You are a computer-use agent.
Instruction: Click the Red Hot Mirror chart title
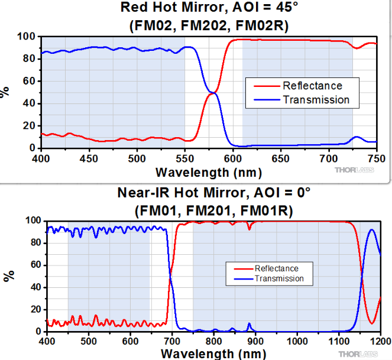209,8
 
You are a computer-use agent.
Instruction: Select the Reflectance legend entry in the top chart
312,86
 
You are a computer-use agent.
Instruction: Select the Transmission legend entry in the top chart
316,99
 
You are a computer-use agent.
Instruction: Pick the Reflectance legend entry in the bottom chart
276,268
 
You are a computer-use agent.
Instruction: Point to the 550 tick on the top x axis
185,159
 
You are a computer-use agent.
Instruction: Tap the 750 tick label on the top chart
377,159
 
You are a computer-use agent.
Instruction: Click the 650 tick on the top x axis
281,159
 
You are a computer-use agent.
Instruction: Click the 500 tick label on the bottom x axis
89,342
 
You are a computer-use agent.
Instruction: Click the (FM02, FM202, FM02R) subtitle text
209,25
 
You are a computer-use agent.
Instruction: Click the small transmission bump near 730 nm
357,137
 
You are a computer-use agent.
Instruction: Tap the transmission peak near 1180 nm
371,230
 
